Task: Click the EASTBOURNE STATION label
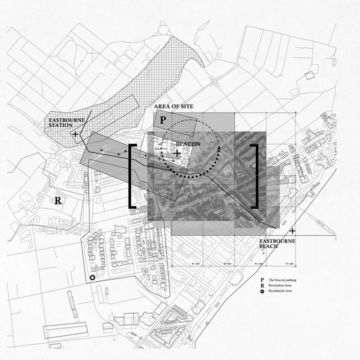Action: point(67,123)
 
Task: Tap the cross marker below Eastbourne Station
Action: point(75,134)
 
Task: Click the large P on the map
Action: point(163,120)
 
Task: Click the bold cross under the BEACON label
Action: point(177,154)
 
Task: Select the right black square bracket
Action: point(256,177)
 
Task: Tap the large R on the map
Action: point(58,201)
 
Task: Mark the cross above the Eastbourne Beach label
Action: point(292,231)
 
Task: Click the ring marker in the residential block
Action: point(92,278)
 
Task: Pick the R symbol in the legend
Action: point(262,285)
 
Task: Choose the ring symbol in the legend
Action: point(262,291)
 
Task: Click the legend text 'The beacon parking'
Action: point(282,280)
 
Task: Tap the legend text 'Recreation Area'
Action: point(280,285)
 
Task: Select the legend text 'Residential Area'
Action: point(280,291)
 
